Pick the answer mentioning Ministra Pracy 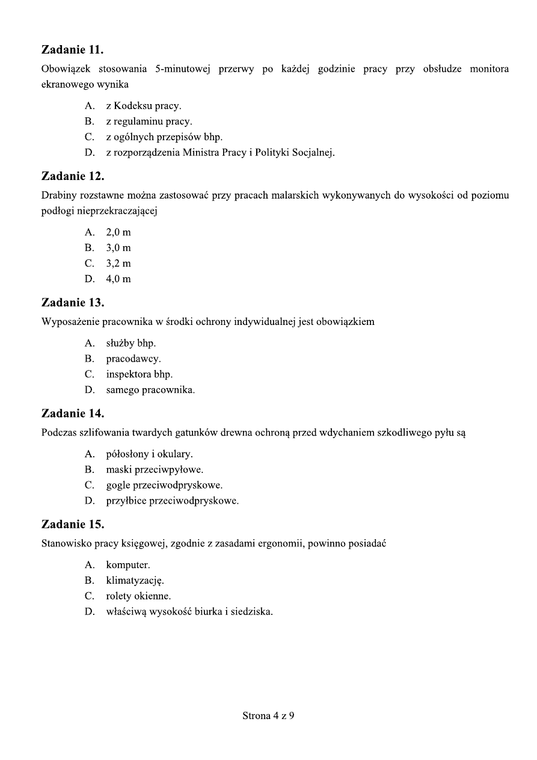pos(220,153)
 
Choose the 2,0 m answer pos(118,232)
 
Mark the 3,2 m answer pos(118,264)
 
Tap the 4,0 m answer pos(118,279)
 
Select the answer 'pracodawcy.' pos(133,359)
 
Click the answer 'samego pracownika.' pos(150,390)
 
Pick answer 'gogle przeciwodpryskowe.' pos(164,485)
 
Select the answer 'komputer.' pos(128,566)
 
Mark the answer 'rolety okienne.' pos(138,597)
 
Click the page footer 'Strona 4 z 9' pos(268,716)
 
